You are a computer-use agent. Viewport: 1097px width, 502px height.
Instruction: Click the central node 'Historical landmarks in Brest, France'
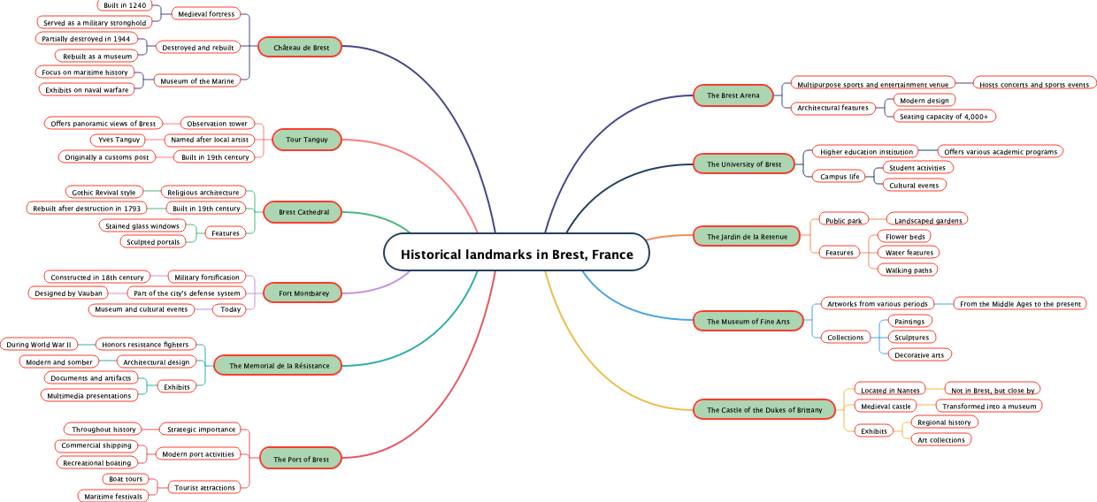[517, 255]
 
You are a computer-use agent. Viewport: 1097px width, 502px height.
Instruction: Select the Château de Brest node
[301, 48]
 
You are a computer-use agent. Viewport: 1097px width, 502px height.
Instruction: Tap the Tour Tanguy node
[306, 140]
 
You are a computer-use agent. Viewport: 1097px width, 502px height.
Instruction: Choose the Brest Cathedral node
[303, 212]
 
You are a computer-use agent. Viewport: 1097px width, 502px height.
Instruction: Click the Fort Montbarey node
[303, 293]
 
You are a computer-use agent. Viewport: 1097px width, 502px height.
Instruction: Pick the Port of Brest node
[301, 460]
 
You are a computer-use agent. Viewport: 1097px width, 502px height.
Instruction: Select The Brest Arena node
[733, 95]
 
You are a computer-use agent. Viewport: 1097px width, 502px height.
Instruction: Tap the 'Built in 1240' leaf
[125, 5]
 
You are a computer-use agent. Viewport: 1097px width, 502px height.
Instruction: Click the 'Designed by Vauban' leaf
[69, 293]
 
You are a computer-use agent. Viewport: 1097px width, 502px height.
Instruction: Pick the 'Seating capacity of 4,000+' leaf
[945, 117]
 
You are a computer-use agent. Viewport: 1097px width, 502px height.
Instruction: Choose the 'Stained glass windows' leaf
[142, 226]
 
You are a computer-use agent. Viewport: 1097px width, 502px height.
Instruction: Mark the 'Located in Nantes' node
[890, 390]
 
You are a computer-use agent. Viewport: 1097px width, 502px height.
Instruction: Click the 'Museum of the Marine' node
[196, 81]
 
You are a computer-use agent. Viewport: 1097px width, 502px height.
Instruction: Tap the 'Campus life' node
[840, 177]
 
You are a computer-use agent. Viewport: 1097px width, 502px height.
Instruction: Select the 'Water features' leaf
[908, 253]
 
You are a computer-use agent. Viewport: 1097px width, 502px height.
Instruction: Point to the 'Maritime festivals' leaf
[112, 497]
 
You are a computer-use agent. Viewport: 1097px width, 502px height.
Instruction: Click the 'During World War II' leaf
[39, 345]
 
